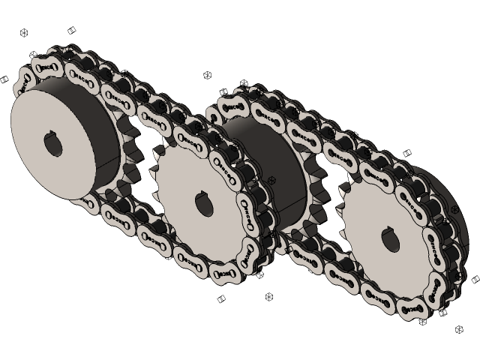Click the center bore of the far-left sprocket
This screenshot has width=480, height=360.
(54, 145)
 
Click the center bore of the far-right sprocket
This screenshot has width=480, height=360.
(391, 239)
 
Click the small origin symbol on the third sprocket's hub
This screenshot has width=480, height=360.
(271, 180)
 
